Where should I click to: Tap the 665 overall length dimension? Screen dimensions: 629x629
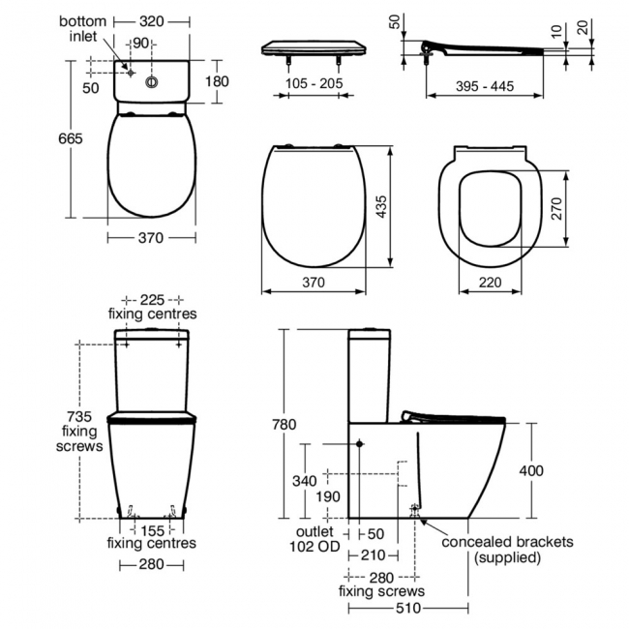[71, 138]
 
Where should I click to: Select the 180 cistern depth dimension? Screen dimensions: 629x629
[216, 81]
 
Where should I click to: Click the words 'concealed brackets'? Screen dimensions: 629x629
[507, 542]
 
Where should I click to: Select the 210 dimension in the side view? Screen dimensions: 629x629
[373, 554]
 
